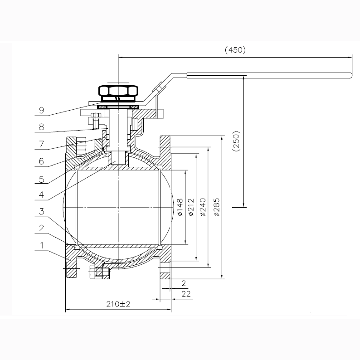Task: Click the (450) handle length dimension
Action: tap(235, 50)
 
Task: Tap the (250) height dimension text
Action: tap(236, 141)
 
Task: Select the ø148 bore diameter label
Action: tap(180, 207)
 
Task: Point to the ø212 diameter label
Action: tap(191, 207)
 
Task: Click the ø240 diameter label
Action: tap(203, 207)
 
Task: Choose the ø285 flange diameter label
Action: tap(217, 207)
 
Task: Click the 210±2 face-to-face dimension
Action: tap(118, 304)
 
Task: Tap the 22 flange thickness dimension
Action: tap(186, 294)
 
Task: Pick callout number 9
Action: tap(42, 111)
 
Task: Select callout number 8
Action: tap(42, 127)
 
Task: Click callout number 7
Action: tap(42, 144)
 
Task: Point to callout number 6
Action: tap(42, 161)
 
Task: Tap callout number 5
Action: tap(42, 179)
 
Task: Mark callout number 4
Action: tap(42, 195)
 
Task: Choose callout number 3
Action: tap(42, 211)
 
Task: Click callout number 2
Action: tap(42, 228)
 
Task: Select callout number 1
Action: tap(42, 245)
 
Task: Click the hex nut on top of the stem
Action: tap(118, 91)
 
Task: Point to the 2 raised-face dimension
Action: tap(184, 283)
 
